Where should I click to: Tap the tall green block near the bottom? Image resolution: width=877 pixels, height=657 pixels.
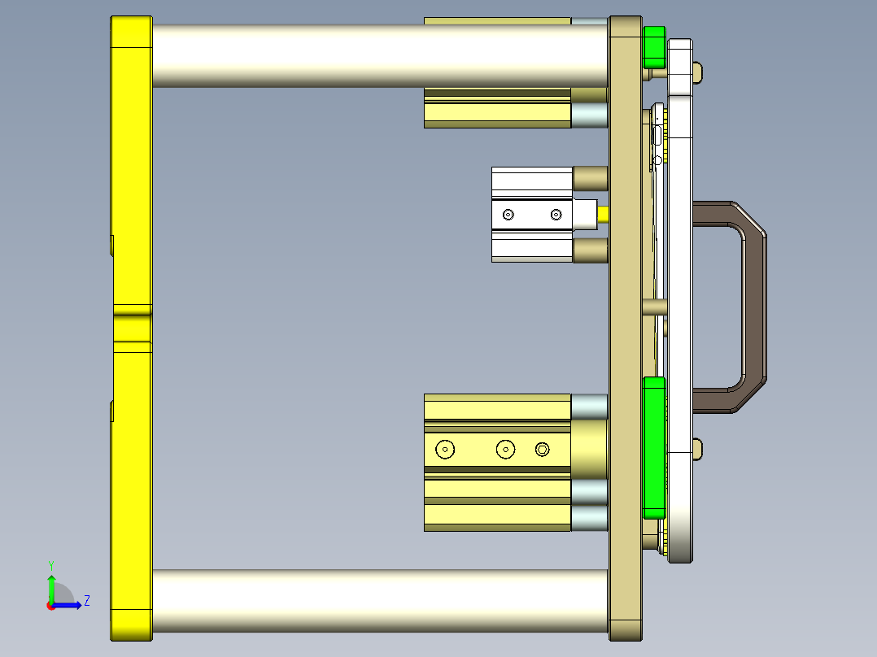pyautogui.click(x=654, y=447)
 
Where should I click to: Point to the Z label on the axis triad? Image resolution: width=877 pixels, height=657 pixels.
pyautogui.click(x=86, y=601)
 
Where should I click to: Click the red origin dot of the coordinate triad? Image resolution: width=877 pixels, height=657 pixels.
pyautogui.click(x=50, y=605)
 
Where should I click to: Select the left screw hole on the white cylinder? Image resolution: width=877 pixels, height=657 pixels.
pyautogui.click(x=508, y=215)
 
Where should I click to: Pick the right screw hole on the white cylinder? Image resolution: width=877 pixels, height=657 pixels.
pyautogui.click(x=556, y=215)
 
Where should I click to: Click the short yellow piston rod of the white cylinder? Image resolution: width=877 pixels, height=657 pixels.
pyautogui.click(x=603, y=215)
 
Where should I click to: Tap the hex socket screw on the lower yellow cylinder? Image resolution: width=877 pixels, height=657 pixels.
pyautogui.click(x=543, y=449)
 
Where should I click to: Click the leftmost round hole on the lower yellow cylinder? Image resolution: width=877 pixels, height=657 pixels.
pyautogui.click(x=444, y=449)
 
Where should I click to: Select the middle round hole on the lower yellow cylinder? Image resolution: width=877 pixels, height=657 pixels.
pyautogui.click(x=506, y=449)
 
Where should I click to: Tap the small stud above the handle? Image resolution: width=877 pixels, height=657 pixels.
pyautogui.click(x=697, y=72)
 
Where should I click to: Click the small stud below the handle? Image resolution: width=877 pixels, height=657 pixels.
pyautogui.click(x=697, y=448)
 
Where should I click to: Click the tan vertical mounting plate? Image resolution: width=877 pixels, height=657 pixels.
pyautogui.click(x=625, y=325)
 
